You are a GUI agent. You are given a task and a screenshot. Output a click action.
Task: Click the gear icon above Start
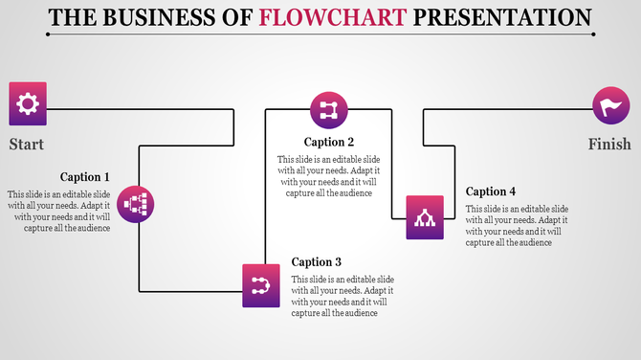(x=28, y=104)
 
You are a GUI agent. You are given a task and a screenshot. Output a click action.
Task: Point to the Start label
(x=27, y=145)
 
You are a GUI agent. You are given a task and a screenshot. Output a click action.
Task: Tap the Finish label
(x=609, y=145)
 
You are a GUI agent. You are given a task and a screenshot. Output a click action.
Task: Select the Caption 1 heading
(x=85, y=177)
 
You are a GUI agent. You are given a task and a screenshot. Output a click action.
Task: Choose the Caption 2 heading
(x=329, y=143)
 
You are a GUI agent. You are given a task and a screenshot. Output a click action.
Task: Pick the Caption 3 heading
(x=317, y=262)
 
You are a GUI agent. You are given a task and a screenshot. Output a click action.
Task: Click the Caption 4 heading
(x=491, y=191)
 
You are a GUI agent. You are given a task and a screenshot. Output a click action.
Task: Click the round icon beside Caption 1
(x=137, y=204)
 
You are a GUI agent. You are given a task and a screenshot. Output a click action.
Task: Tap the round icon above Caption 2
(x=329, y=109)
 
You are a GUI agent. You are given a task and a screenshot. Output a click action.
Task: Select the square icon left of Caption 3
(x=261, y=284)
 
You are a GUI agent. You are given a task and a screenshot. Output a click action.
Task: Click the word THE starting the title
(x=73, y=17)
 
